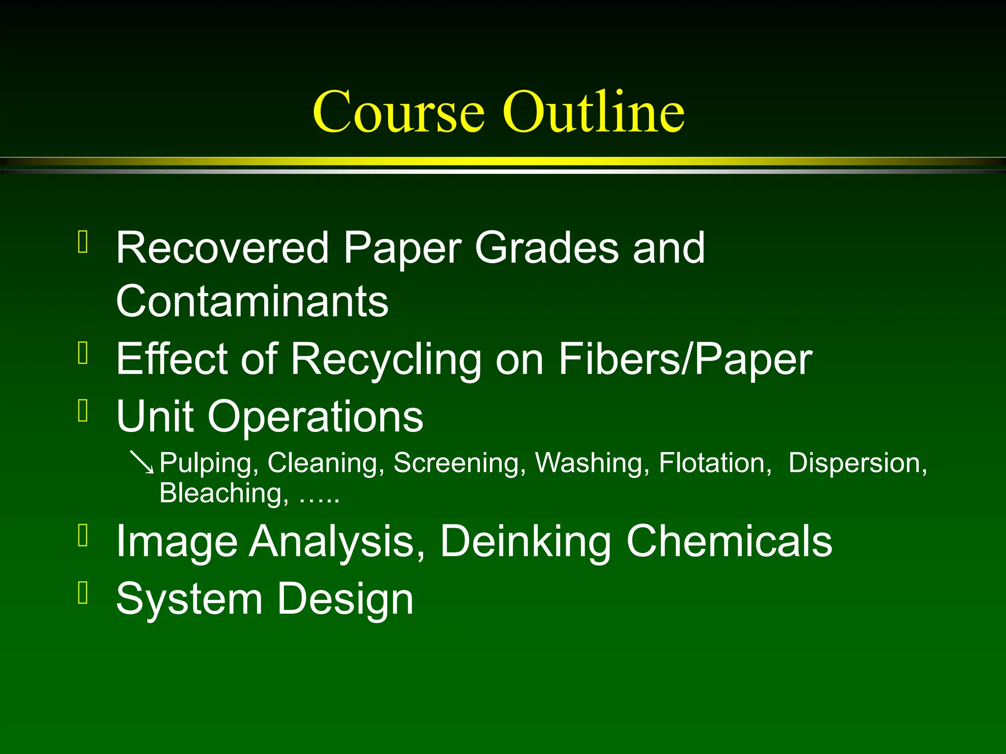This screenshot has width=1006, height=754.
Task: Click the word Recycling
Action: tap(386, 360)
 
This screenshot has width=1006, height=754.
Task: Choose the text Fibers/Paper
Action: tap(685, 360)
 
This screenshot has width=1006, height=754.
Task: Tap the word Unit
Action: tap(154, 416)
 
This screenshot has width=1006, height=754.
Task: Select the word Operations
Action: tap(315, 416)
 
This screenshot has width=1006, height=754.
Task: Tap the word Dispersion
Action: tap(858, 463)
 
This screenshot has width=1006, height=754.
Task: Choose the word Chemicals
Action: tap(729, 541)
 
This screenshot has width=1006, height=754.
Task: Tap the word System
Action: tap(189, 599)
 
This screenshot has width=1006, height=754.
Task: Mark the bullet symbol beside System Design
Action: tap(83, 592)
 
